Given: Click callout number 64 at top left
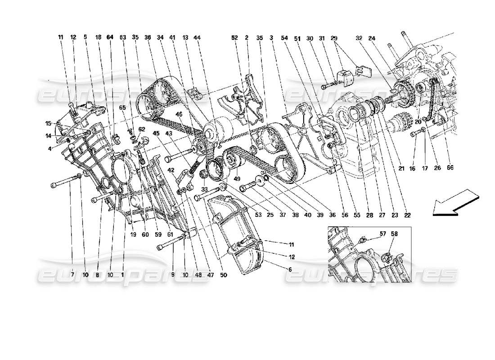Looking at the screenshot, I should click(110, 38).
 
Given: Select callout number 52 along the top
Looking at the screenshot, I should click(234, 38).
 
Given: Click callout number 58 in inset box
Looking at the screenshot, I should click(394, 234).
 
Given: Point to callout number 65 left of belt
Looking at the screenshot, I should click(122, 121).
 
